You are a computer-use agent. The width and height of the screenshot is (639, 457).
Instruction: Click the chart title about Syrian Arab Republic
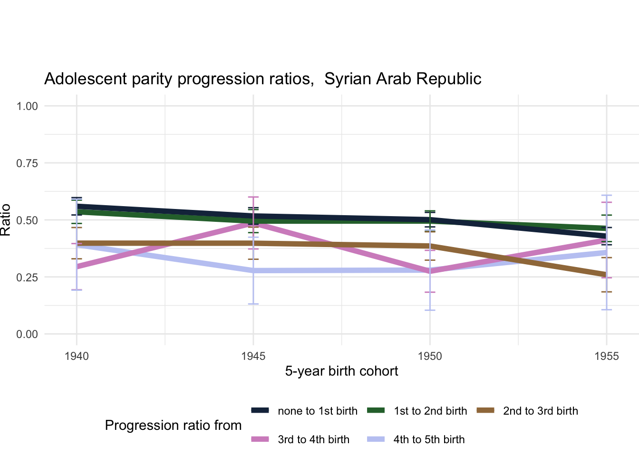point(262,79)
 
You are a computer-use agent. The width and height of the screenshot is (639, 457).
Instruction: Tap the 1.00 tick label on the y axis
point(27,106)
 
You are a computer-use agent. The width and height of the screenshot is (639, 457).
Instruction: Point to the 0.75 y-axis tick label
point(27,163)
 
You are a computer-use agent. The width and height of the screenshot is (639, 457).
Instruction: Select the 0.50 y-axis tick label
point(27,220)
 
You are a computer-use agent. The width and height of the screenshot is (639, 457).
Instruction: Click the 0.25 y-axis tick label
point(27,278)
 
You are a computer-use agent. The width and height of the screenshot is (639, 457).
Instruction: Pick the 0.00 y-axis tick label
point(27,335)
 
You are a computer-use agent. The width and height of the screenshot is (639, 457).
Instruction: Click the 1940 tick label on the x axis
point(77,356)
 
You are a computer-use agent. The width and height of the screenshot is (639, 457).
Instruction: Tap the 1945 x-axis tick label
point(253,356)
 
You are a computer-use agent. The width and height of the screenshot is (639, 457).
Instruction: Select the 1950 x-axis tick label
point(430,356)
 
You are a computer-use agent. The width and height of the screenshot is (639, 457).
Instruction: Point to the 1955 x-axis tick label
point(606,356)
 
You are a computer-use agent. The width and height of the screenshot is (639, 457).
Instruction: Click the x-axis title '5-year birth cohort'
point(341,371)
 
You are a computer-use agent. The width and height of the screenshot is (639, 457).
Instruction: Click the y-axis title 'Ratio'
point(6,220)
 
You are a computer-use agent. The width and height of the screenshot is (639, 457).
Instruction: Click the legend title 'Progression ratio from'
point(173,426)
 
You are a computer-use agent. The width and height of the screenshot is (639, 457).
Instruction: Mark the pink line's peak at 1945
point(253,224)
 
